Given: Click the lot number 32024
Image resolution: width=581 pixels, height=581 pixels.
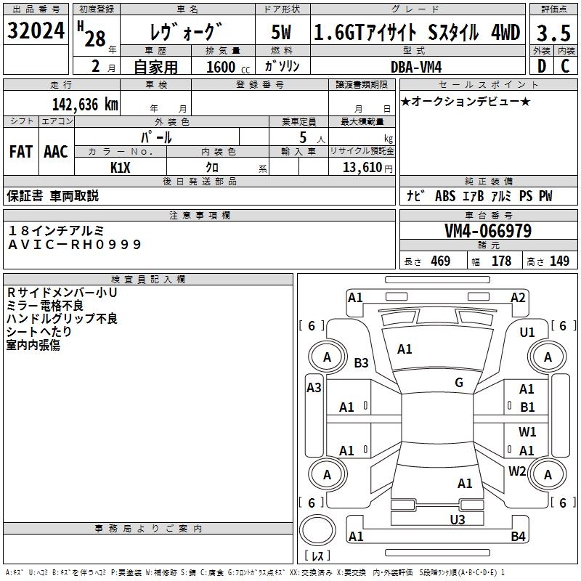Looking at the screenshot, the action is [x=36, y=31].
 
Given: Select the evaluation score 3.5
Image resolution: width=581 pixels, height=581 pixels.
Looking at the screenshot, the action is [x=553, y=33].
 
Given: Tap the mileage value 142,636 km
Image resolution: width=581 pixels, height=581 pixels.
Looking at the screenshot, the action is [x=85, y=104].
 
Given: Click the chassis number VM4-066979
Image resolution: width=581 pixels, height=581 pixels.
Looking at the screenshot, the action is [x=488, y=232].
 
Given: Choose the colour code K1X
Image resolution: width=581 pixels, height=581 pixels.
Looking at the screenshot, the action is [x=120, y=167].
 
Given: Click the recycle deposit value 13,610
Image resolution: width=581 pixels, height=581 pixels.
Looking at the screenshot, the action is [x=361, y=168].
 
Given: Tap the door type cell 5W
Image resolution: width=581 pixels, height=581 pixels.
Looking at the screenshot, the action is [x=283, y=33].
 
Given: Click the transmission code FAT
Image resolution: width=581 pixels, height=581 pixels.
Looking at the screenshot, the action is [x=20, y=151].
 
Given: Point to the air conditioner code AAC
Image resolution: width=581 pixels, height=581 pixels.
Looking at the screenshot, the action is [x=56, y=151].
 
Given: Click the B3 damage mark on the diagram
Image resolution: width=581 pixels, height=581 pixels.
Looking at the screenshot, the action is [x=361, y=362].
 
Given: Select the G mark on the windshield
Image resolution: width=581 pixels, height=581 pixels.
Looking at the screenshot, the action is [x=459, y=383].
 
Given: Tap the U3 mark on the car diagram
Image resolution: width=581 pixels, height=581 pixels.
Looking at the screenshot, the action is [x=457, y=519].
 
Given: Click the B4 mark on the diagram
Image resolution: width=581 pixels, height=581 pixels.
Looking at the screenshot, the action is [x=517, y=537].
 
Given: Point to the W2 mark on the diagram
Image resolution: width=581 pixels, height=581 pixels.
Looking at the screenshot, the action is [x=517, y=471].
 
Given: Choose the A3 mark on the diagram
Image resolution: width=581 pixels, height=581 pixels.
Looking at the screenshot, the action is [x=314, y=387].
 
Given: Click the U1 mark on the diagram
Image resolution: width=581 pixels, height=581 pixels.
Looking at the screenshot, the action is [x=527, y=332].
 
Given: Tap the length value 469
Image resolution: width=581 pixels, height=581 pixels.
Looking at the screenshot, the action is [x=440, y=261].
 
